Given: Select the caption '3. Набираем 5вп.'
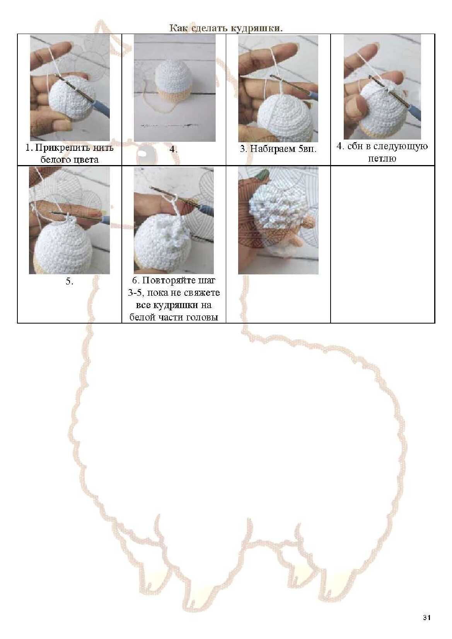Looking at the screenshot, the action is (x=278, y=149).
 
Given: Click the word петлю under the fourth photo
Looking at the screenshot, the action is (x=382, y=158).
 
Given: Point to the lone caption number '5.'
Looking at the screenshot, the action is (x=70, y=281).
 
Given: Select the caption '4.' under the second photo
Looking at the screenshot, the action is (x=174, y=149).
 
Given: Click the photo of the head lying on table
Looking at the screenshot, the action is (x=175, y=88).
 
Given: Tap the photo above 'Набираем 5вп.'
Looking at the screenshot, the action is (x=278, y=89).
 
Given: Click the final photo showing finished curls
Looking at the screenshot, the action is (x=278, y=220).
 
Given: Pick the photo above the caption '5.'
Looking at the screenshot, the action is (x=69, y=220).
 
